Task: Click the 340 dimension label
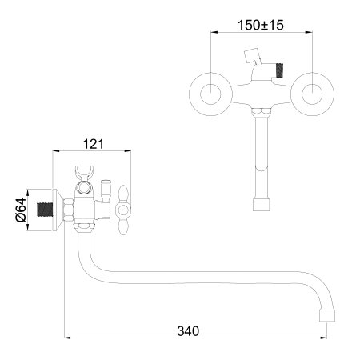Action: click(x=188, y=331)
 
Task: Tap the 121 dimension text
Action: click(x=93, y=144)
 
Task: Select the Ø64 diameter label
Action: click(x=21, y=210)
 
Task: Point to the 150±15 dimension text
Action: click(x=261, y=25)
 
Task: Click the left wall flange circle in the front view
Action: click(x=190, y=94)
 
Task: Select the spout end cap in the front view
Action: click(x=262, y=205)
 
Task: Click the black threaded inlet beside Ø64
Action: click(x=45, y=210)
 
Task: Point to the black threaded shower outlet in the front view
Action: click(x=280, y=70)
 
